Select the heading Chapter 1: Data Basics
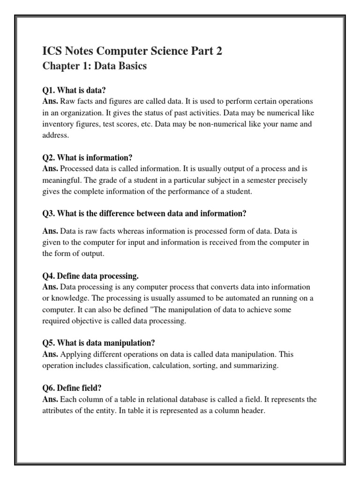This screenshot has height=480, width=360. [94, 66]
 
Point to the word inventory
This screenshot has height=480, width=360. [59, 124]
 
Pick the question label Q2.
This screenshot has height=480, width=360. [49, 157]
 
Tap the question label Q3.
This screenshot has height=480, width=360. [49, 213]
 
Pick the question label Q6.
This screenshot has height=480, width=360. [49, 388]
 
